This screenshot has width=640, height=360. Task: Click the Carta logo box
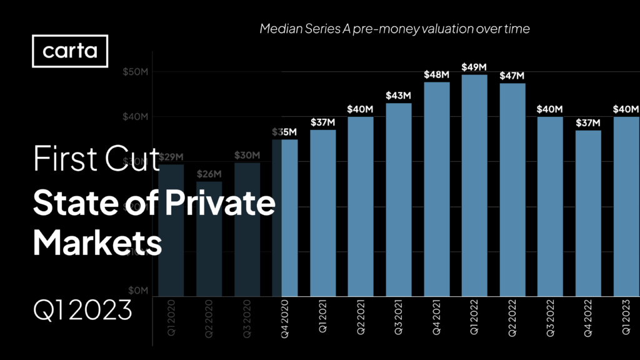(x=70, y=51)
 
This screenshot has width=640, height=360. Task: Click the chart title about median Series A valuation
(x=394, y=29)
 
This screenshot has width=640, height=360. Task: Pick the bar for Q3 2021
(x=398, y=199)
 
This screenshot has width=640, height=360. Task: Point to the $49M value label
(x=474, y=66)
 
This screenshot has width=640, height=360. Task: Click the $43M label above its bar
(x=398, y=95)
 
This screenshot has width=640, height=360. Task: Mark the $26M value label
(x=209, y=173)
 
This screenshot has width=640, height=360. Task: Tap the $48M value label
(x=436, y=74)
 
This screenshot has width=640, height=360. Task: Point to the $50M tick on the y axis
(x=135, y=72)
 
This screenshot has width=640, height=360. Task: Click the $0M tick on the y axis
(x=137, y=291)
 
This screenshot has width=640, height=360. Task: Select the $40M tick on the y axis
(x=135, y=117)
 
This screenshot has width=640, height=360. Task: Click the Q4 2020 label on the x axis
(x=285, y=319)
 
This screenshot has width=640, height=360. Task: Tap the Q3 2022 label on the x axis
(x=551, y=319)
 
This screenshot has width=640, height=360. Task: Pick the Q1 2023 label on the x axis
(x=626, y=319)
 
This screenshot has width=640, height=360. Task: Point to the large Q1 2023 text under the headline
(x=82, y=309)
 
